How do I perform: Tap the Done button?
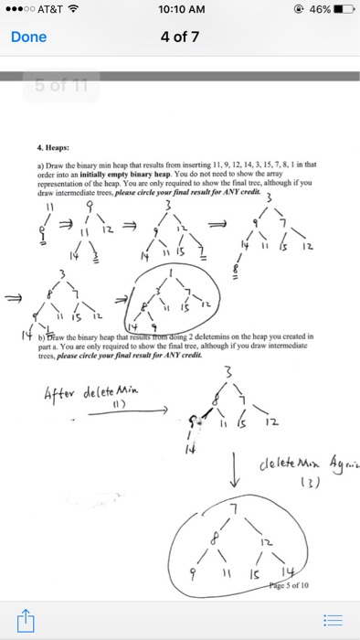(x=27, y=38)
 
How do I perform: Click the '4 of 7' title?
(x=180, y=38)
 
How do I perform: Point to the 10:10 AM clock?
(x=180, y=9)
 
